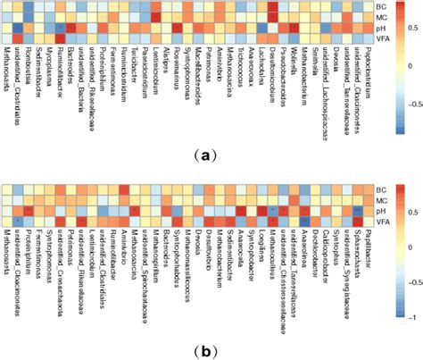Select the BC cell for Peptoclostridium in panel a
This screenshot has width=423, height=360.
coord(368,6)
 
